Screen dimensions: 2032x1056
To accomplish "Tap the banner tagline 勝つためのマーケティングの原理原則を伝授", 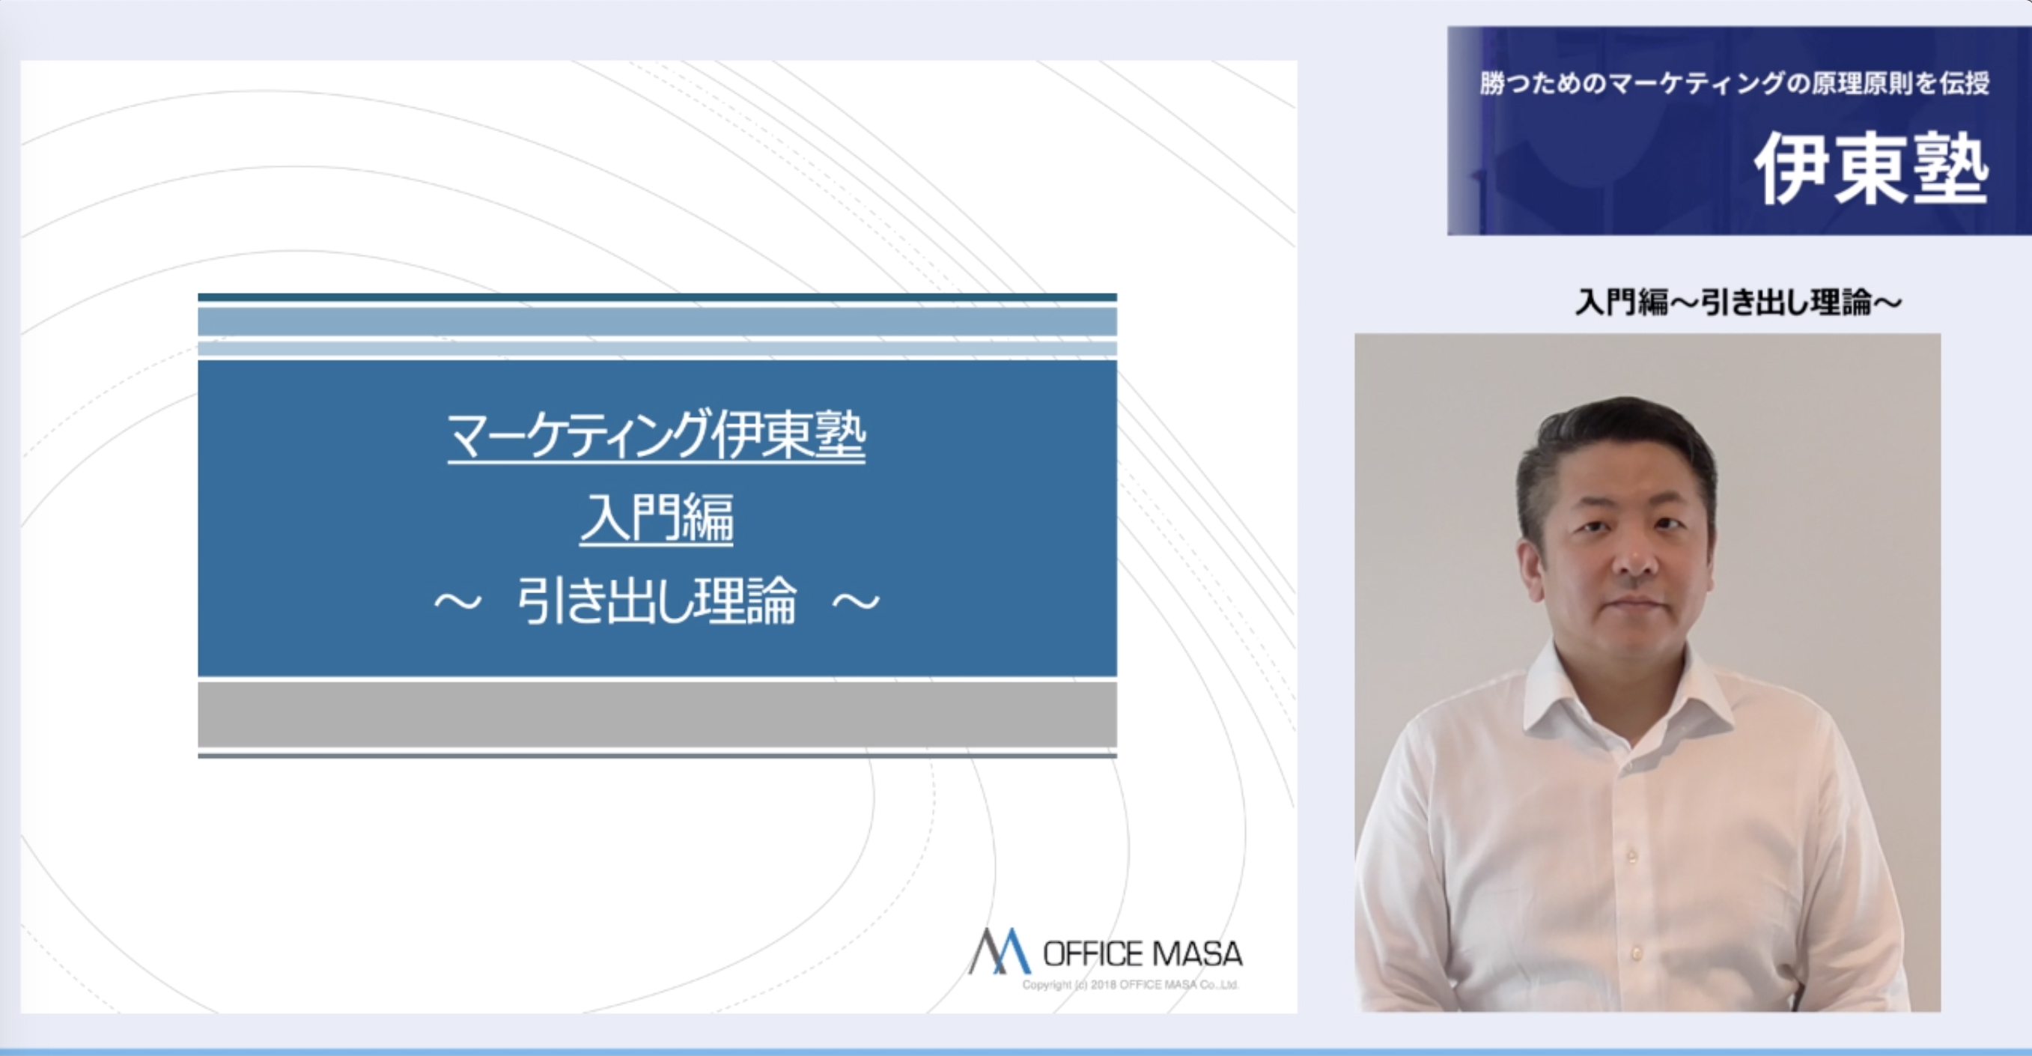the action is click(1734, 83).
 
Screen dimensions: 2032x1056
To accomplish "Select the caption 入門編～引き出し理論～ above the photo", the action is click(1739, 302).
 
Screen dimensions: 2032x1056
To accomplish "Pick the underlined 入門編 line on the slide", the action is click(657, 518).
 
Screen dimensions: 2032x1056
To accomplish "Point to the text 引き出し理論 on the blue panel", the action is click(657, 601).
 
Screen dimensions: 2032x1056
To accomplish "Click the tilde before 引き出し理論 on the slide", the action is click(457, 603).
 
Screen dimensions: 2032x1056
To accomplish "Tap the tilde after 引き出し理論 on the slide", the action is click(856, 603).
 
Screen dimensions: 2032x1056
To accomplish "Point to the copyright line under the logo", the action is click(1131, 985).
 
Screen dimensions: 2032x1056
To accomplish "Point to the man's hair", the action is click(1617, 450).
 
